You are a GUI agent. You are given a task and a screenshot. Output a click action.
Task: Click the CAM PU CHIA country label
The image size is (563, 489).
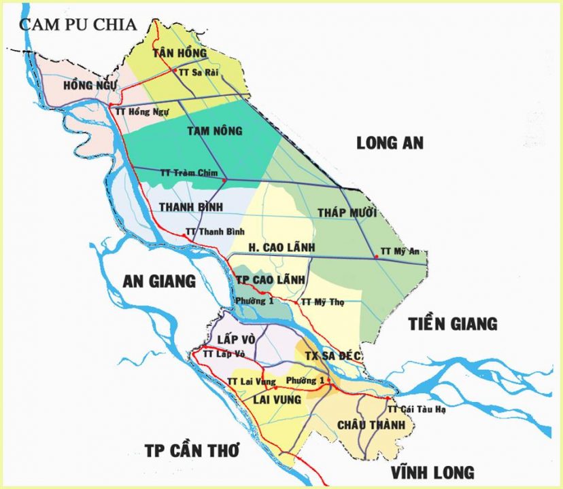click(x=78, y=24)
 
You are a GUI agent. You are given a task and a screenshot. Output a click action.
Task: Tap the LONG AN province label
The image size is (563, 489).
click(x=390, y=143)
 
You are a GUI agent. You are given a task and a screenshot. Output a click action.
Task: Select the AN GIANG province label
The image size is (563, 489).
click(x=159, y=280)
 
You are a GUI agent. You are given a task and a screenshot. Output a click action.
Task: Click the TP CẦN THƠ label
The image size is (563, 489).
click(x=192, y=450)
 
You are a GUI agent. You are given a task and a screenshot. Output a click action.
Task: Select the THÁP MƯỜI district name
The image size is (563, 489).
click(x=347, y=213)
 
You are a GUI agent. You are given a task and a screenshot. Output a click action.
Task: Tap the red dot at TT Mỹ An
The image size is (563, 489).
click(x=376, y=256)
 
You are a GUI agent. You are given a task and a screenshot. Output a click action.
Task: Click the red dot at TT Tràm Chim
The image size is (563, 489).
click(x=224, y=180)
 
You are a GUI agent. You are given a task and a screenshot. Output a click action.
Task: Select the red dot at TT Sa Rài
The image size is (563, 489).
click(x=175, y=71)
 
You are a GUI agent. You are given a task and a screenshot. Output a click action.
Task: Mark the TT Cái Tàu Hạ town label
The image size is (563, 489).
click(x=415, y=410)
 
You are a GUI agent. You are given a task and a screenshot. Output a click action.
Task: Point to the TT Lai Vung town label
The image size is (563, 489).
click(x=252, y=382)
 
